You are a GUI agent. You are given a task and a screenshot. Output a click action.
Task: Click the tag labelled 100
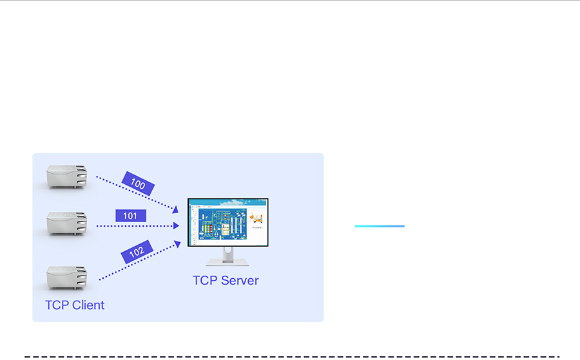[138, 184]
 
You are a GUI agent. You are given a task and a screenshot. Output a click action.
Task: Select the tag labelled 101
[130, 216]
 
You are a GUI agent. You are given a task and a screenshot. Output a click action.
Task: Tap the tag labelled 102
[137, 252]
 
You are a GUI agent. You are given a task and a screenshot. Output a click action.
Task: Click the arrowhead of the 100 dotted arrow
[175, 209]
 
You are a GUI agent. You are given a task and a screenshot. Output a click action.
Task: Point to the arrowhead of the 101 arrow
[176, 226]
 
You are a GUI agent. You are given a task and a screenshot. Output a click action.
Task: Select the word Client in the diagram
[88, 305]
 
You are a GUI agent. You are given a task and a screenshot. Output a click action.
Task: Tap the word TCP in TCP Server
[204, 281]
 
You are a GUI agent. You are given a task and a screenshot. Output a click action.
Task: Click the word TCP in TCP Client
[57, 305]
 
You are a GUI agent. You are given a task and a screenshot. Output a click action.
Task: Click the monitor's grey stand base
[227, 263]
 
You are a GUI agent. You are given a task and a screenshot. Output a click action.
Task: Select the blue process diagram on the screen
[222, 225]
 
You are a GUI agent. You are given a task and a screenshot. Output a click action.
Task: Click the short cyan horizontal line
[380, 226]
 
